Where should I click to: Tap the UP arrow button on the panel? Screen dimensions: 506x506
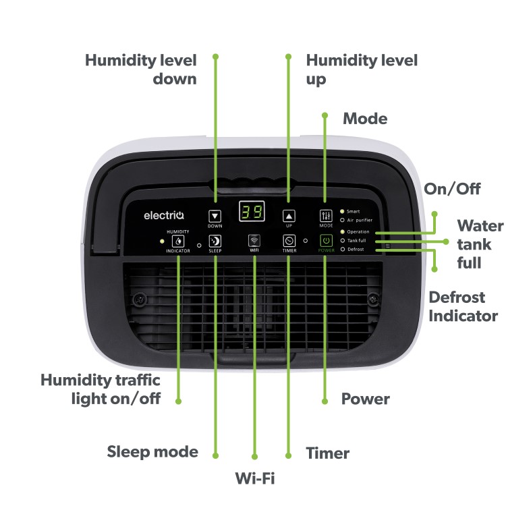pyautogui.click(x=289, y=216)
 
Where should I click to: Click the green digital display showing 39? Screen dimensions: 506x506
pyautogui.click(x=252, y=213)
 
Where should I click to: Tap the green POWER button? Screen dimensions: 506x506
pyautogui.click(x=326, y=241)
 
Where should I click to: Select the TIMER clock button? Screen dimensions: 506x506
pyautogui.click(x=289, y=241)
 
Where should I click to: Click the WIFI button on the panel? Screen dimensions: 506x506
pyautogui.click(x=254, y=241)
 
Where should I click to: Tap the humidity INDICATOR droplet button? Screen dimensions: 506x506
pyautogui.click(x=178, y=241)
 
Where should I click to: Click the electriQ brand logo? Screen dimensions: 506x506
pyautogui.click(x=159, y=216)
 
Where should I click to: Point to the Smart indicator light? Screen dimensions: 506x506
pyautogui.click(x=342, y=211)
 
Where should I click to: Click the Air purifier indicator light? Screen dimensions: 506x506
pyautogui.click(x=342, y=220)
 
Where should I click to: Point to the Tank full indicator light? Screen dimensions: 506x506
pyautogui.click(x=342, y=240)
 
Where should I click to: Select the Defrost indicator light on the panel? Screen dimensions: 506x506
pyautogui.click(x=342, y=249)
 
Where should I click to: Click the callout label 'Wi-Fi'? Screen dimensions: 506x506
pyautogui.click(x=255, y=478)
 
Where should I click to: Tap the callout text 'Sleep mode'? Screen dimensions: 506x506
pyautogui.click(x=152, y=451)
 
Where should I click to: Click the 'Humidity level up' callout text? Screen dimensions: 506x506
pyautogui.click(x=362, y=69)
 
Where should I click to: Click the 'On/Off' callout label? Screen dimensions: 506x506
pyautogui.click(x=451, y=189)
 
